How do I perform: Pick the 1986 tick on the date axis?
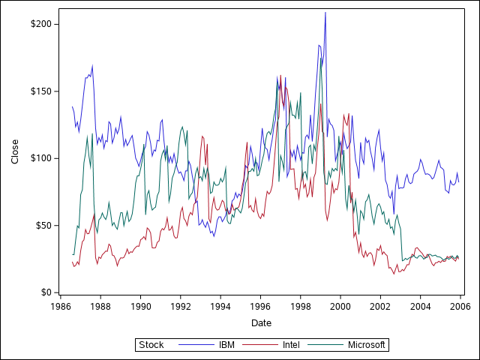pyautogui.click(x=61, y=306)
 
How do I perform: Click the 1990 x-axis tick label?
pyautogui.click(x=140, y=306)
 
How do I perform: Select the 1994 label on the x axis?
pyautogui.click(x=220, y=306)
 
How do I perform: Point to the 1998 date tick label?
pyautogui.click(x=300, y=306)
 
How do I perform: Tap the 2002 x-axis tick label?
pyautogui.click(x=380, y=306)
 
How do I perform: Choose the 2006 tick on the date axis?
pyautogui.click(x=460, y=306)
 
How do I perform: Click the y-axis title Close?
pyautogui.click(x=15, y=151)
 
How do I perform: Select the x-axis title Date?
pyautogui.click(x=261, y=323)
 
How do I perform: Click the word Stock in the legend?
pyautogui.click(x=151, y=345)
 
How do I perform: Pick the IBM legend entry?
pyautogui.click(x=226, y=345)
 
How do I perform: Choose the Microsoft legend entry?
pyautogui.click(x=367, y=345)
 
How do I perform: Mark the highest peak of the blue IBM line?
pyautogui.click(x=325, y=13)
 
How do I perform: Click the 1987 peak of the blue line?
pyautogui.click(x=92, y=65)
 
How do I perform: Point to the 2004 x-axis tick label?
pyautogui.click(x=420, y=306)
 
